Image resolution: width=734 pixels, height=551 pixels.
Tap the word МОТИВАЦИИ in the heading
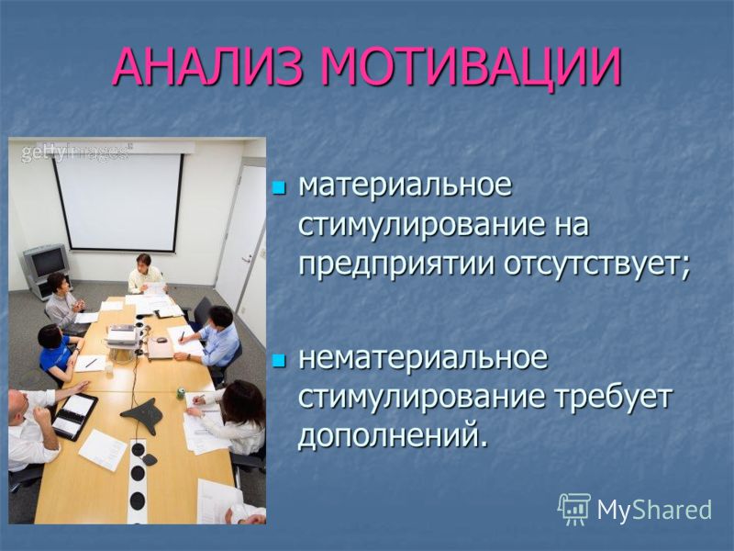472,66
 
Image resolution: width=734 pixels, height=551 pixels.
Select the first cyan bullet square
279,188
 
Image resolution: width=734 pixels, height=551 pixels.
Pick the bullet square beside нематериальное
279,360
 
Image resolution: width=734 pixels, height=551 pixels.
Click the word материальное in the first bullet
406,186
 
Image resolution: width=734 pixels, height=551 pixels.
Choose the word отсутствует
596,265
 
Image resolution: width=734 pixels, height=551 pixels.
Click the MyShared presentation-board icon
574,509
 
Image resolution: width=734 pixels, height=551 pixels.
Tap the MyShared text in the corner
654,510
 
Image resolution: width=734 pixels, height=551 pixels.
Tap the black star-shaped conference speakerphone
142,415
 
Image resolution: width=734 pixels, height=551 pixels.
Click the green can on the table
181,393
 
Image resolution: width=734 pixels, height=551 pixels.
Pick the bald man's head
16,408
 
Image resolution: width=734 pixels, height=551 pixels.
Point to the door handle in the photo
247,259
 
